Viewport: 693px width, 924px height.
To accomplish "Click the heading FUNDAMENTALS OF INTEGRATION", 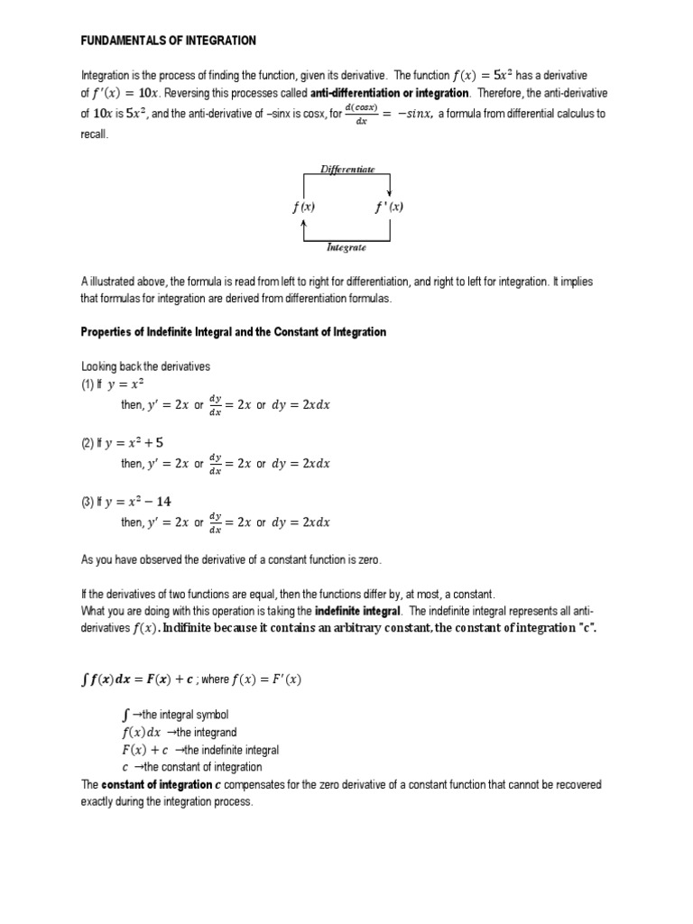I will (x=169, y=41).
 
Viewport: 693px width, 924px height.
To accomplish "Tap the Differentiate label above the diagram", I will (x=346, y=169).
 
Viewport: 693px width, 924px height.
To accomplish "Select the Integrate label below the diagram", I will (x=346, y=246).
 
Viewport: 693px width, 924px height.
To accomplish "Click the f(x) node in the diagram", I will (x=303, y=207).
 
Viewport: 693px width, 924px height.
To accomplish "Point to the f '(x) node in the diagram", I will (x=389, y=207).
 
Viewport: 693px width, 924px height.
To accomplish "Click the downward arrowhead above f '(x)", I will (x=389, y=191).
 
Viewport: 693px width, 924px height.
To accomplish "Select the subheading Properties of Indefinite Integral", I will (x=234, y=332).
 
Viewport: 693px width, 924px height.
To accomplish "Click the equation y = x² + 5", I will (x=135, y=443).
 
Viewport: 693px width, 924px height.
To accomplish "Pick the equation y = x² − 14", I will (x=139, y=502).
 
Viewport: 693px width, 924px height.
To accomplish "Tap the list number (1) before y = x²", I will (x=88, y=384).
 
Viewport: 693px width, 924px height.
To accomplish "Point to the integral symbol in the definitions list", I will (x=125, y=715).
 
